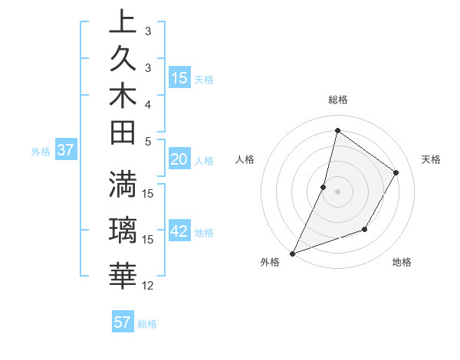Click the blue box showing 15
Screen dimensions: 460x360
click(179, 77)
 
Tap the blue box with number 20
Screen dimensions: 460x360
click(179, 159)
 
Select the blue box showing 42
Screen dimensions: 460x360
click(179, 232)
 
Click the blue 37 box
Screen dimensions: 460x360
click(65, 150)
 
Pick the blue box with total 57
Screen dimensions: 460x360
click(122, 322)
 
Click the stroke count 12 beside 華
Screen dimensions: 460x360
click(148, 286)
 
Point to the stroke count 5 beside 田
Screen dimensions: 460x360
click(148, 141)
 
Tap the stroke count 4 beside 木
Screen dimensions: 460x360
click(148, 104)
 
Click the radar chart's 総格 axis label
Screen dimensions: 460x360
click(337, 100)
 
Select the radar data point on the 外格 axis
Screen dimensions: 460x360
click(292, 253)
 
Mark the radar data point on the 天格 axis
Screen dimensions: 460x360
click(396, 172)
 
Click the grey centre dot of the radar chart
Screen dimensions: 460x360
click(337, 191)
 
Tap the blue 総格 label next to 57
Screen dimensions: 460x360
click(147, 324)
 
